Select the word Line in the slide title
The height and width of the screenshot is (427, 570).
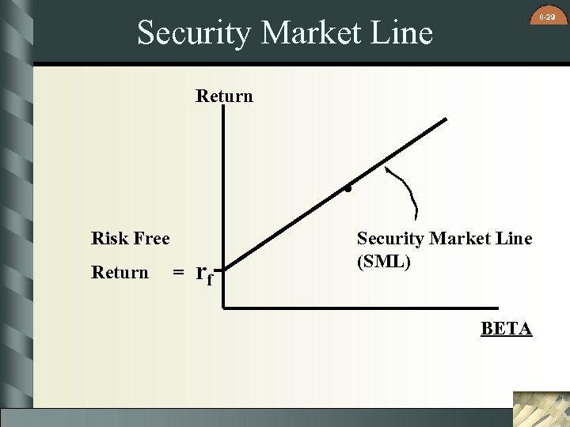(405, 33)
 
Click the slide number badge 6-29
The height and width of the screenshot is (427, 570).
(546, 17)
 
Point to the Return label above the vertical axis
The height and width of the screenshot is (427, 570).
(224, 96)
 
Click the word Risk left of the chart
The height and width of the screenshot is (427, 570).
(108, 238)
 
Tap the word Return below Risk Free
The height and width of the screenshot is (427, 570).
(120, 273)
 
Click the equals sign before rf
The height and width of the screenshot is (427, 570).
(179, 273)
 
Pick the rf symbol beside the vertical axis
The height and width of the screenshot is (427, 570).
(205, 274)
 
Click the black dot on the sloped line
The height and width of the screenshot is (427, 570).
(348, 190)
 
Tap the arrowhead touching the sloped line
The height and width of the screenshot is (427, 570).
(386, 168)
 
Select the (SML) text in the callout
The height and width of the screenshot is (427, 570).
(384, 262)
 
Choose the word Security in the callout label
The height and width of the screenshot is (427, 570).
(389, 238)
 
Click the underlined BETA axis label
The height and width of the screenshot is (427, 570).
(506, 329)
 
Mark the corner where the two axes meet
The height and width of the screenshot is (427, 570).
(224, 306)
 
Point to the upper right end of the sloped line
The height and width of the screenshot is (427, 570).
(445, 120)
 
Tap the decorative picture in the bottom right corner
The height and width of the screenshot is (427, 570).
(541, 409)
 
